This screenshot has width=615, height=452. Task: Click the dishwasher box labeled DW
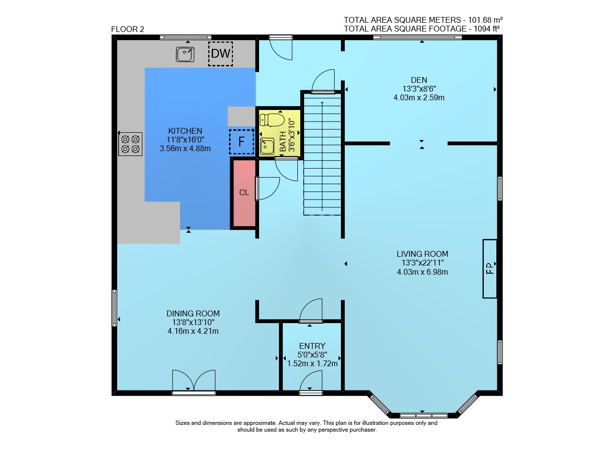pyautogui.click(x=220, y=54)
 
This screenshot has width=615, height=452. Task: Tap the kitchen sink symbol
pyautogui.click(x=185, y=54)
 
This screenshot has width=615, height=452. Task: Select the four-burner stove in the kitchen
pyautogui.click(x=130, y=144)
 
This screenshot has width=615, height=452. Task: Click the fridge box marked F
pyautogui.click(x=242, y=141)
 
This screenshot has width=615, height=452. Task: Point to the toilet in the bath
pyautogui.click(x=272, y=120)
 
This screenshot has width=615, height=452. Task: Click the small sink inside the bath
pyautogui.click(x=267, y=146)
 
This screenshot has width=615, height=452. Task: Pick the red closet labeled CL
pyautogui.click(x=244, y=193)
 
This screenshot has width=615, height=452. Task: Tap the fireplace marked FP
pyautogui.click(x=490, y=268)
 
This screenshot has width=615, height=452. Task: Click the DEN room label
pyautogui.click(x=419, y=80)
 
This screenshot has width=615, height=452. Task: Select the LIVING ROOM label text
pyautogui.click(x=422, y=254)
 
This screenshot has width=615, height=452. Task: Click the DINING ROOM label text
pyautogui.click(x=193, y=313)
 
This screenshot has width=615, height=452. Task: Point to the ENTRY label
pyautogui.click(x=312, y=346)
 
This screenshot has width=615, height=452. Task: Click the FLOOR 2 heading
pyautogui.click(x=128, y=29)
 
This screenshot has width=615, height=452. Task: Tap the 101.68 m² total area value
pyautogui.click(x=485, y=20)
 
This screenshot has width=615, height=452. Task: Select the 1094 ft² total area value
pyautogui.click(x=487, y=29)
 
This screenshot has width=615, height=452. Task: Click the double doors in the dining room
pyautogui.click(x=194, y=382)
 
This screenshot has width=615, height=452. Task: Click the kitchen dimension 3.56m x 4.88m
pyautogui.click(x=185, y=149)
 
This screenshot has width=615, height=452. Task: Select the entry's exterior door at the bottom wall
pyautogui.click(x=311, y=383)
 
